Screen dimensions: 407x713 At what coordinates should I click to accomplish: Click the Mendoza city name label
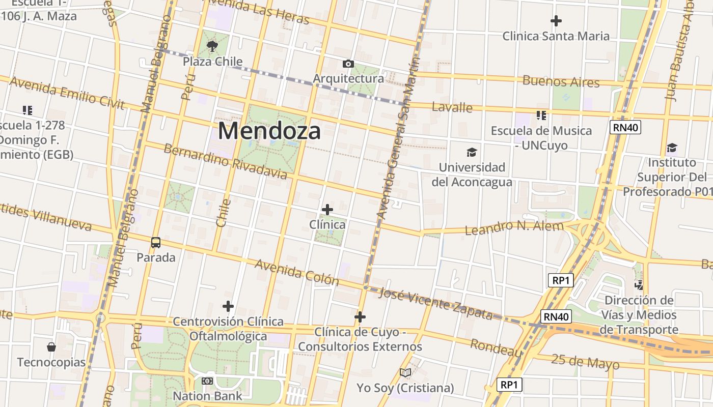pos(269,131)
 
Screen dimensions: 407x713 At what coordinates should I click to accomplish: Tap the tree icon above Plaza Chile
pos(212,47)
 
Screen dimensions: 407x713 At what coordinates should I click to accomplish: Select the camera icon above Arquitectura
pos(348,64)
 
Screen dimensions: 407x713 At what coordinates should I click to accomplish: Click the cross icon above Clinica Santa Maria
pos(556,21)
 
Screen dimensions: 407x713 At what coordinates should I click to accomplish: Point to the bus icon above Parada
pos(156,243)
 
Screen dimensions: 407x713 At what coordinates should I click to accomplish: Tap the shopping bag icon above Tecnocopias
pos(51,347)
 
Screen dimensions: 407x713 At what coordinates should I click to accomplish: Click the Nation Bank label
pos(207,396)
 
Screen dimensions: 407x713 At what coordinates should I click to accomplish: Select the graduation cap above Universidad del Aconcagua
pos(472,152)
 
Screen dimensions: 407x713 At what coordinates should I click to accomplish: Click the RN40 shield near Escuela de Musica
pos(626,127)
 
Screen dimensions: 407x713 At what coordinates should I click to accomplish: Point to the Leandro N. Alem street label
pos(514,227)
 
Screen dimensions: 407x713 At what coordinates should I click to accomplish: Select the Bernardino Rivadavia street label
pos(225,161)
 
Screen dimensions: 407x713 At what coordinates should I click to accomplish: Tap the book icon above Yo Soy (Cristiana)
pos(405,373)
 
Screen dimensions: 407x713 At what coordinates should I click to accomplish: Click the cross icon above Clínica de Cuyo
pos(360,317)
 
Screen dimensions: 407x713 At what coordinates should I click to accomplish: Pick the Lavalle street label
pos(452,107)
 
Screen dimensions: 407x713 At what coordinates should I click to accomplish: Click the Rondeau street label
pos(496,348)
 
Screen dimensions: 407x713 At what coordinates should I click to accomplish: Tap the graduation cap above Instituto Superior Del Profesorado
pos(672,148)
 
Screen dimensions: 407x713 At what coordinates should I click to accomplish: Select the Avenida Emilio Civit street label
pos(67,93)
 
